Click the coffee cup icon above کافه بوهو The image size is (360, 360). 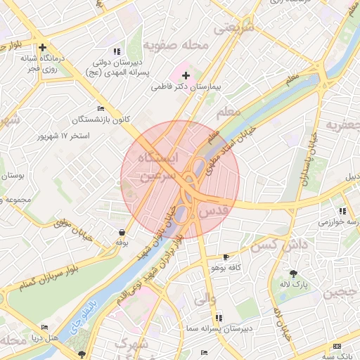coord(226,257)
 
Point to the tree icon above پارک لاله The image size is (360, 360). coord(293,274)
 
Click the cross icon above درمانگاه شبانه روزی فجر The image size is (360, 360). coord(43,48)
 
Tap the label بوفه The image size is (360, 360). coord(121,243)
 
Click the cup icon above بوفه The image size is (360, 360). coord(122,232)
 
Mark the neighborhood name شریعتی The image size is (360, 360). coord(236,29)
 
